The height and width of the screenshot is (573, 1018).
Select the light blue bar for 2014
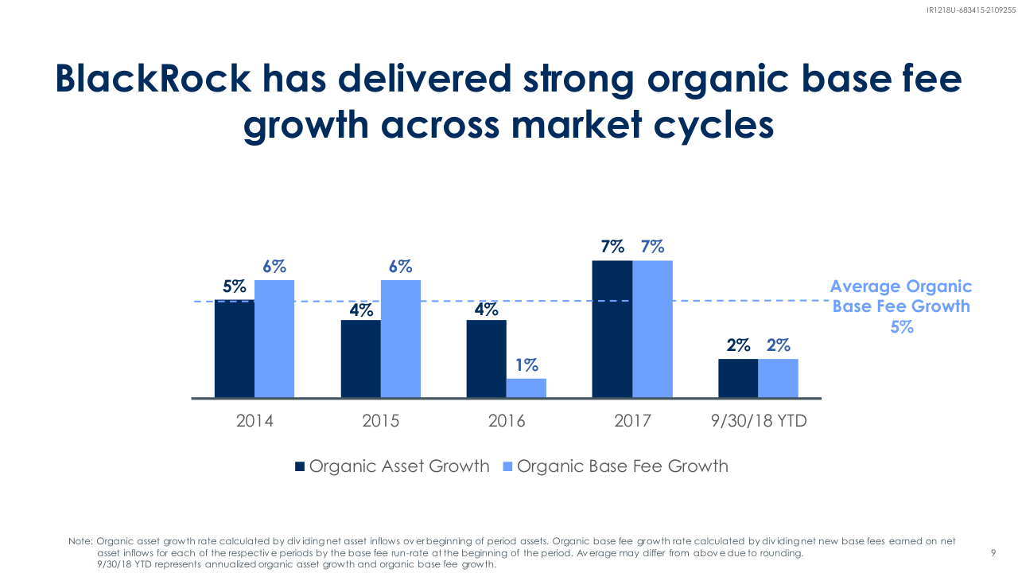[274, 339]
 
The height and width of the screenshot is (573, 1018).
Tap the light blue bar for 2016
[526, 388]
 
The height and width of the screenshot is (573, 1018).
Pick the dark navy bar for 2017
[612, 329]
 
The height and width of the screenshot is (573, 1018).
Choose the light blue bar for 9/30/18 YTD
[778, 378]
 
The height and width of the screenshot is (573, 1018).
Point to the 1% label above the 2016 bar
[526, 365]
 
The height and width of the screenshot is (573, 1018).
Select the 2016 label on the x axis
[507, 421]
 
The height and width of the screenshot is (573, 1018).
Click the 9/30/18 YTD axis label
[759, 421]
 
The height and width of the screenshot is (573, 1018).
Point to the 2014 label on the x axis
[254, 421]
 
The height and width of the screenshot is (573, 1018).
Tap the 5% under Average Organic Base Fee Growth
[901, 326]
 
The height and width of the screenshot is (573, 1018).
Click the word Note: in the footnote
[81, 541]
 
